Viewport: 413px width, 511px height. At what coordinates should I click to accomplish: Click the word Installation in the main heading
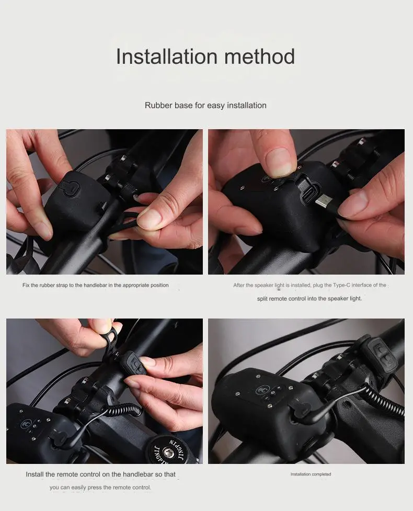167,56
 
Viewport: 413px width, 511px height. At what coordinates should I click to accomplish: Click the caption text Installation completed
311,474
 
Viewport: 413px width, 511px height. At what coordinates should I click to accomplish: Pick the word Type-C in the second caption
341,285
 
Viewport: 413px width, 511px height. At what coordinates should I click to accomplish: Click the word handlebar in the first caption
96,285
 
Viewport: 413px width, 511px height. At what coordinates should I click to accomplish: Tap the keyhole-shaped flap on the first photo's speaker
70,188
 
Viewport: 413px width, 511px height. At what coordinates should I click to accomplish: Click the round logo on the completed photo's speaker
261,390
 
